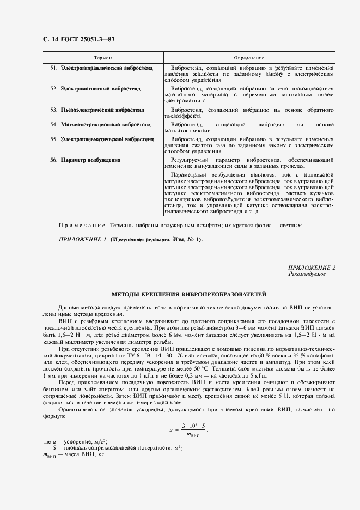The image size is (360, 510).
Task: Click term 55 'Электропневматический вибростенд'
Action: pos(107,139)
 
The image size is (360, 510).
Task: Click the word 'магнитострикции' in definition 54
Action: pos(187,131)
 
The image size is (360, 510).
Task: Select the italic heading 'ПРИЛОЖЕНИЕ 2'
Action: pos(312,268)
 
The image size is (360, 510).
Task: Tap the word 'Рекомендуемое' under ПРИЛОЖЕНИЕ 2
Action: pos(307,274)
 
